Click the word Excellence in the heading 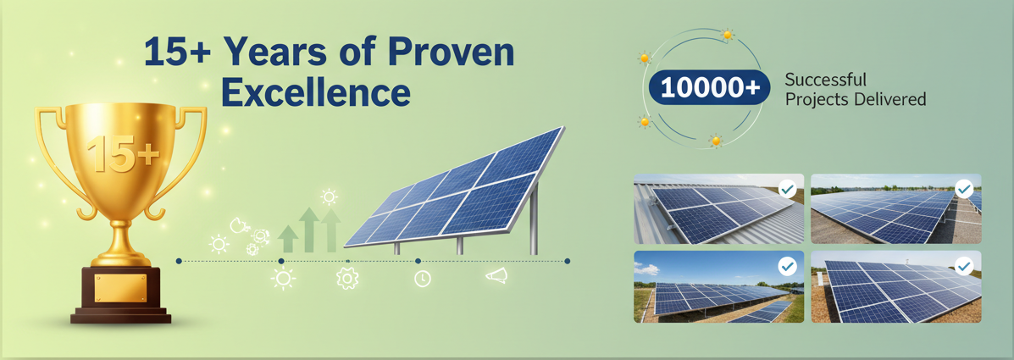pos(316,93)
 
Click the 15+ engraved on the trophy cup pos(123,154)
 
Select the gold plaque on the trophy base pos(121,288)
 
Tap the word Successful pos(825,80)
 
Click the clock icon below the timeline pos(422,279)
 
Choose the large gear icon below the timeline pos(347,278)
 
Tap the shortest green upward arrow pos(288,239)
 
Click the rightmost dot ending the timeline pos(567,261)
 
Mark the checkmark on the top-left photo pos(787,189)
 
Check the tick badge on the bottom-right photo pos(963,266)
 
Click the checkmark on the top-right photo pos(963,189)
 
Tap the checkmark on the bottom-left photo pos(787,266)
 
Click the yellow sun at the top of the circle pos(728,34)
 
